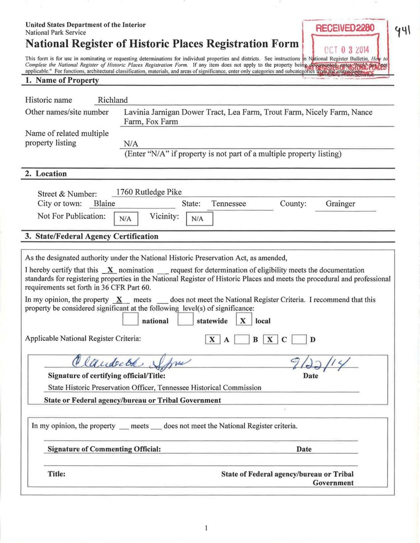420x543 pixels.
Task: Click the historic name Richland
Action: click(x=113, y=100)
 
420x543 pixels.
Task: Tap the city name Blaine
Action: click(x=104, y=204)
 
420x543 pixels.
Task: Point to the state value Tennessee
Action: click(x=228, y=204)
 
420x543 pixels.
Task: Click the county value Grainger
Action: click(x=340, y=204)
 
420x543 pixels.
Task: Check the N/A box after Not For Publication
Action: click(x=125, y=218)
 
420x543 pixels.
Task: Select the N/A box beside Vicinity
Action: click(x=199, y=218)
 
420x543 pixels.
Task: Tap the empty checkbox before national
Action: click(x=131, y=320)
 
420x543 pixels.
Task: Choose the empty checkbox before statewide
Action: click(x=186, y=320)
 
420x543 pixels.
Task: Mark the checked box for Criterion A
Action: click(x=212, y=340)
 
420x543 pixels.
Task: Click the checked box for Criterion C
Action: click(x=270, y=340)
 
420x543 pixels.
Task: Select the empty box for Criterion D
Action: click(x=299, y=340)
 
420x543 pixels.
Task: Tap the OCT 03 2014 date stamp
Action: click(x=346, y=47)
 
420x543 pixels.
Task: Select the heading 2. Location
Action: click(x=46, y=174)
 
